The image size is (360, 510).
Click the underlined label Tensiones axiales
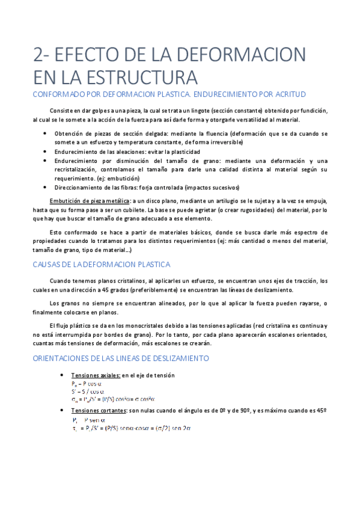pos(96,375)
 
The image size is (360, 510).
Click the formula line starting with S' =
pos(88,390)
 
